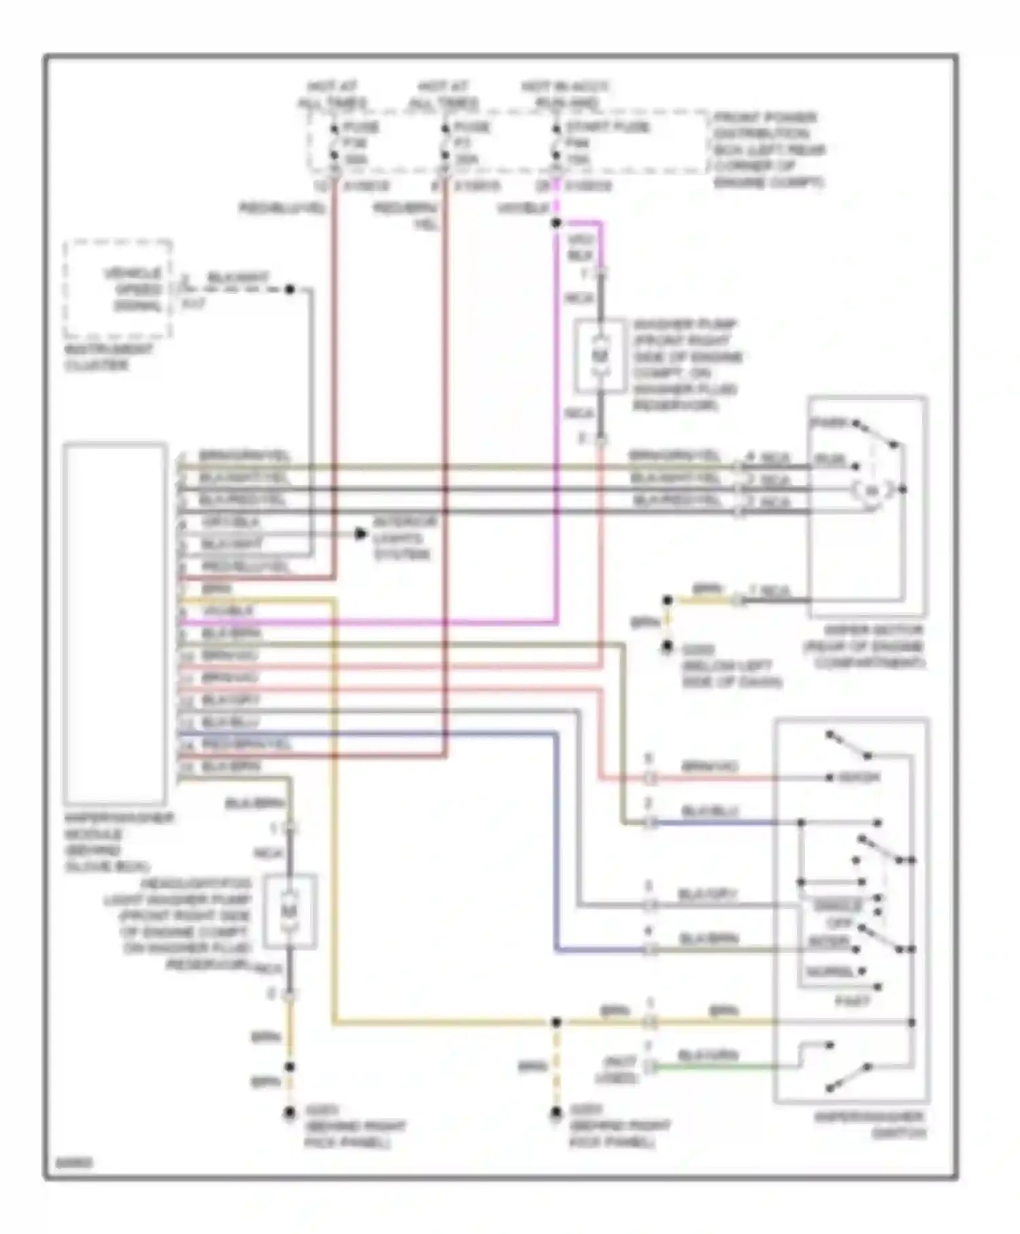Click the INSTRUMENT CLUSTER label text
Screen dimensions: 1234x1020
click(x=108, y=357)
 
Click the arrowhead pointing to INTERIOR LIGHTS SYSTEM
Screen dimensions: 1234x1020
click(x=360, y=534)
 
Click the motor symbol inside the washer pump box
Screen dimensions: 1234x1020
click(x=600, y=356)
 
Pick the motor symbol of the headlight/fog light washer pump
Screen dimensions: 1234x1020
click(x=290, y=911)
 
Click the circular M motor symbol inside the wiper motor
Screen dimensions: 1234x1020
click(x=872, y=490)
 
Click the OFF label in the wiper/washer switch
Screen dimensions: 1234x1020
click(x=839, y=923)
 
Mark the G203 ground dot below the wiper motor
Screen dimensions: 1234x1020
click(x=668, y=647)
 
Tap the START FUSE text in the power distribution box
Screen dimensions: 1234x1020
click(x=607, y=127)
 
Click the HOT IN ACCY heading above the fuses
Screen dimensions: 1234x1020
click(x=565, y=87)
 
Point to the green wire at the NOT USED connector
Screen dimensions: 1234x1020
click(x=714, y=1067)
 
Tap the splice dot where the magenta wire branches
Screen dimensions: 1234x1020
click(x=556, y=223)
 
